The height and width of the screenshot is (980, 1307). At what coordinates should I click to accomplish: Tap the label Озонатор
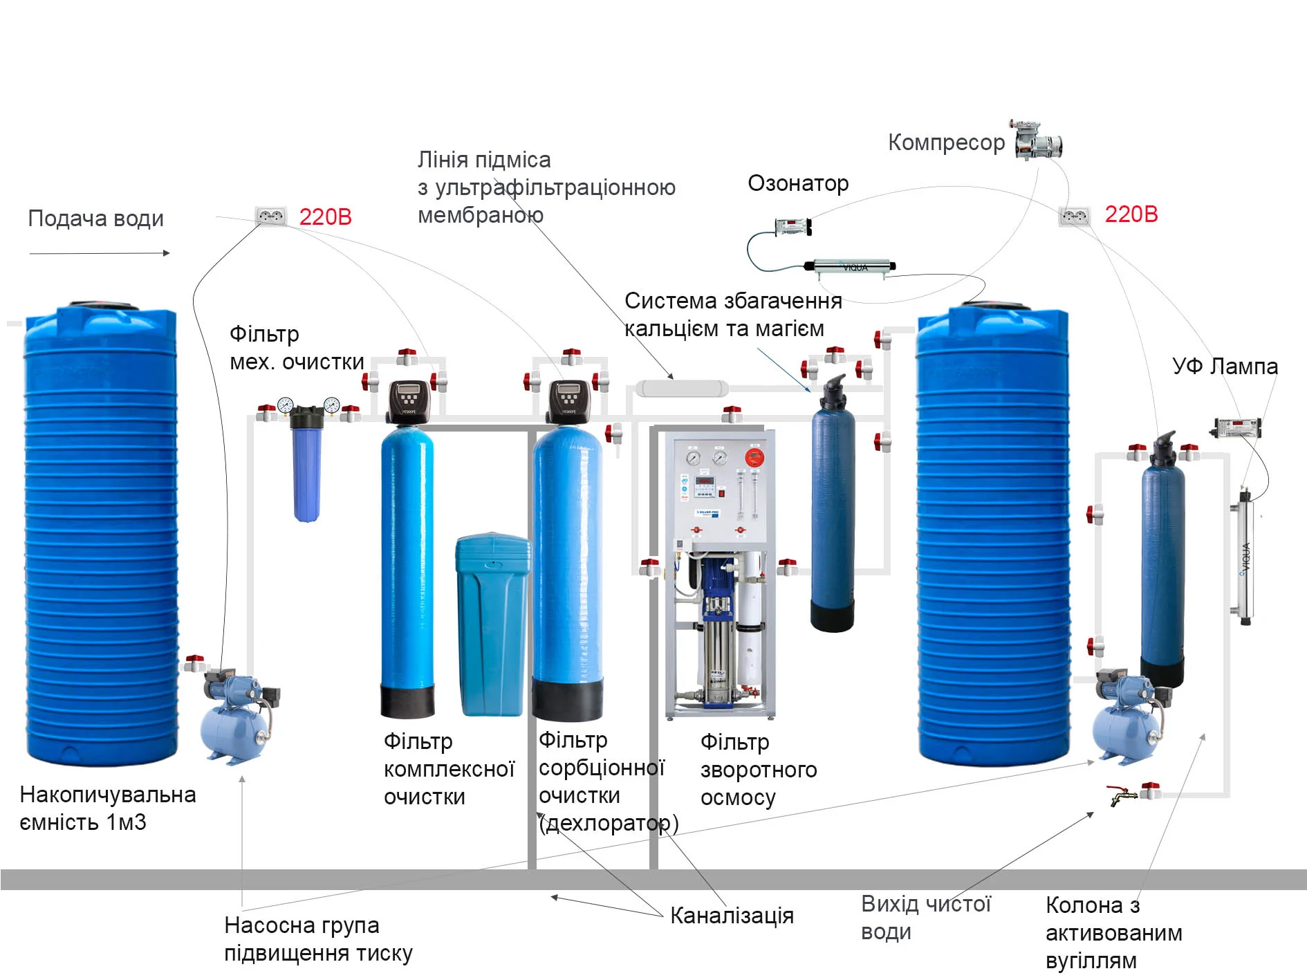798,183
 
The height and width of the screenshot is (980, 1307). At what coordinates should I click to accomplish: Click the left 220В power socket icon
270,216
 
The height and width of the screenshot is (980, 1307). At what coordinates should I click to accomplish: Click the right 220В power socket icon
1074,216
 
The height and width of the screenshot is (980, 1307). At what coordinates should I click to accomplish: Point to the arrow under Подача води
100,253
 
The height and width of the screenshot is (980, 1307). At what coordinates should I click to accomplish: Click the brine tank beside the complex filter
492,625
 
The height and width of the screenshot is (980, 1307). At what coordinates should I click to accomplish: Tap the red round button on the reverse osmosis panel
754,457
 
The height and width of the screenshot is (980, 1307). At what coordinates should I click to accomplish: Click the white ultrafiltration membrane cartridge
681,389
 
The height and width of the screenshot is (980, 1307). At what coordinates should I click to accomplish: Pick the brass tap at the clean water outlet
1122,795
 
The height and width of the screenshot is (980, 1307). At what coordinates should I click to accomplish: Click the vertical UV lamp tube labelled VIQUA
1245,557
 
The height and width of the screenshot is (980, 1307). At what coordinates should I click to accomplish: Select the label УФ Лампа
1225,366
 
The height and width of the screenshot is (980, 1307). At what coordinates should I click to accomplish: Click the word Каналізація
732,916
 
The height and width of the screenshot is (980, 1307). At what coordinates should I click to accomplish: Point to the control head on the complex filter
410,401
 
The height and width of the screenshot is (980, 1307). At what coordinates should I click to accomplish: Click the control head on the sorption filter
569,401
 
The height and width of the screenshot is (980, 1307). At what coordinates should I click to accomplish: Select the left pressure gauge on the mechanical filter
286,405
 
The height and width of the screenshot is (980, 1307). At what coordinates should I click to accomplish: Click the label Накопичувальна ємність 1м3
107,808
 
